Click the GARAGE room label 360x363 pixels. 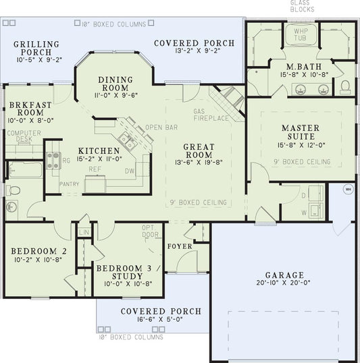284,275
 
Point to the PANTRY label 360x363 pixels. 69,183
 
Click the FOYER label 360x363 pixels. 180,247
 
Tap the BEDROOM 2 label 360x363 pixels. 36,254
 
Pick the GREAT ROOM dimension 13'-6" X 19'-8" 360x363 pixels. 199,161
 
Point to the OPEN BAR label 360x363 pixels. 161,127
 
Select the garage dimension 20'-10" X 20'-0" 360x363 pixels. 284,283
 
